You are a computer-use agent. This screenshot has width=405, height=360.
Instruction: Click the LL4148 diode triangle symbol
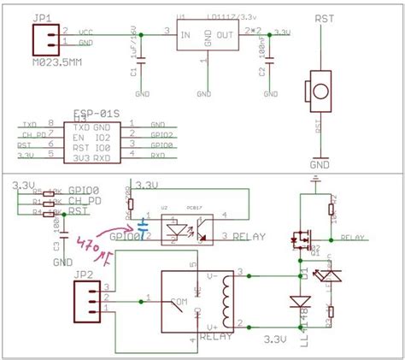299,302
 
